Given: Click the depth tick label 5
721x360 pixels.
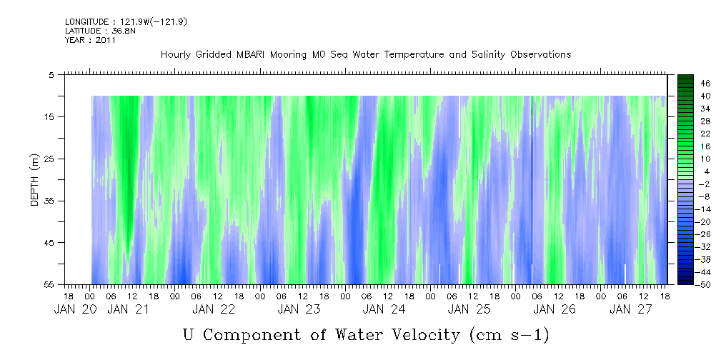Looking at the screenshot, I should [51, 74].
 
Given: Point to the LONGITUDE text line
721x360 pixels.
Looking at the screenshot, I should [116, 22].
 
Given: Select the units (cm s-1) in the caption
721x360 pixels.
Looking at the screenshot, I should [508, 334].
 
